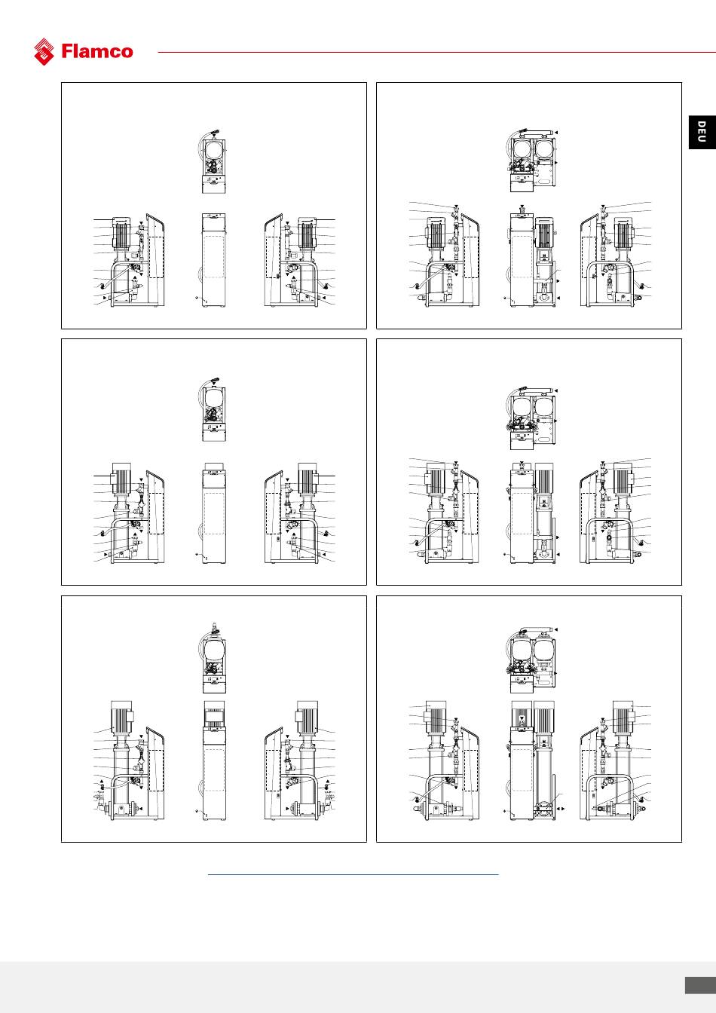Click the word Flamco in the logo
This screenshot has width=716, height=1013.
pyautogui.click(x=97, y=51)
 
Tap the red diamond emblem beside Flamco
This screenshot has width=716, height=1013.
pyautogui.click(x=44, y=51)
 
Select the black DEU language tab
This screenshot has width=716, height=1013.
pyautogui.click(x=702, y=132)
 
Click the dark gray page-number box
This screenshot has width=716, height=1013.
pyautogui.click(x=700, y=985)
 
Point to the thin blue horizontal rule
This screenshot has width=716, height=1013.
pyautogui.click(x=353, y=874)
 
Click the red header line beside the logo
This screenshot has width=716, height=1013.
pyautogui.click(x=436, y=52)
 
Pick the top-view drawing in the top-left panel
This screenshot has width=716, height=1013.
pyautogui.click(x=213, y=161)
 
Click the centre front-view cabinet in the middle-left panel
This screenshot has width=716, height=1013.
pyautogui.click(x=213, y=513)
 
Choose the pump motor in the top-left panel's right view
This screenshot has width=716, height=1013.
pyautogui.click(x=307, y=232)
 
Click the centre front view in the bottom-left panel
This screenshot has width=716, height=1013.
pyautogui.click(x=214, y=761)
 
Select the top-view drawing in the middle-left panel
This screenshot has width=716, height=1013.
pyautogui.click(x=213, y=410)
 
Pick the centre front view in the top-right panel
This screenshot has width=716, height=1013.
pyautogui.click(x=532, y=256)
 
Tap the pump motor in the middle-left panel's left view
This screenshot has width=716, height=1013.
pyautogui.click(x=121, y=479)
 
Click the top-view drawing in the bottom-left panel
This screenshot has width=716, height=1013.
pyautogui.click(x=213, y=657)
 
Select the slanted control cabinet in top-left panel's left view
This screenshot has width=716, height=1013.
pyautogui.click(x=155, y=260)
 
